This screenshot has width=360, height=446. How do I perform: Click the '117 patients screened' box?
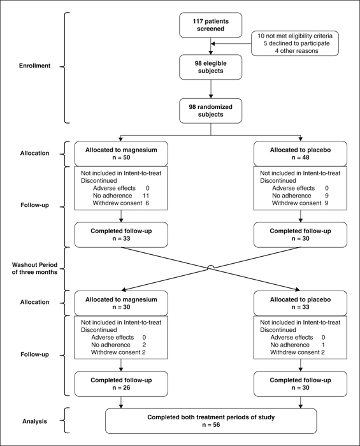coord(210,25)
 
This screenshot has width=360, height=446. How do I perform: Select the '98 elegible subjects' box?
coord(210,67)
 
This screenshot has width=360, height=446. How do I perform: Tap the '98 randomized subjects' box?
coord(210,111)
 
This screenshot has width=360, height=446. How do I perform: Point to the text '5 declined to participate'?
coord(296,43)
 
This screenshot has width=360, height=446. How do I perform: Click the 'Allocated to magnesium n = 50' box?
coord(121,154)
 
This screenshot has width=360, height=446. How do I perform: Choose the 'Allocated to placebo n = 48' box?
coord(300,154)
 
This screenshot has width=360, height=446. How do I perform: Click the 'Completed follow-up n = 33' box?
coord(121,234)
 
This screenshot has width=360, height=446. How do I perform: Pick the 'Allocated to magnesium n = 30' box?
coord(121,303)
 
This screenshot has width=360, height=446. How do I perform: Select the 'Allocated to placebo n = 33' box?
coord(300,303)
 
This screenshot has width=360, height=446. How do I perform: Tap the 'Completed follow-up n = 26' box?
coord(121,384)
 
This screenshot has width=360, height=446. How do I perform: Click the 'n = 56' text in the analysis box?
coord(211,425)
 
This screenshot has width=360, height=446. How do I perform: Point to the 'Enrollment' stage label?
coord(34,66)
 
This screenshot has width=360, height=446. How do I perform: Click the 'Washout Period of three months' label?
coord(34,268)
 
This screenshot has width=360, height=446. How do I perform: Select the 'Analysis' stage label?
coord(34,421)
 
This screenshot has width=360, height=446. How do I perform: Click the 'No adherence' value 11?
coord(146,196)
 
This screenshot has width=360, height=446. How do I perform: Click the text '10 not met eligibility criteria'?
coord(295,36)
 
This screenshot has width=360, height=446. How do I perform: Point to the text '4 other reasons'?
coord(296,51)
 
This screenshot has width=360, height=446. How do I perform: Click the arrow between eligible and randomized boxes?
coord(211,89)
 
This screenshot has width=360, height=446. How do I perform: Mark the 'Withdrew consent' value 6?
coord(147,203)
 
